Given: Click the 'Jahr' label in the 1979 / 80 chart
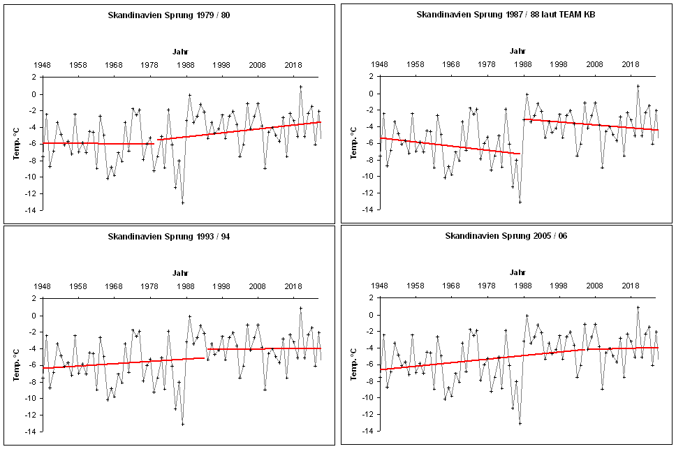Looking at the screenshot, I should (181, 52).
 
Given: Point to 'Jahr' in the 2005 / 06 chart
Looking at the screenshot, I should (517, 273).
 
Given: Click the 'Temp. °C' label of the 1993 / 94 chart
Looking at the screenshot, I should (15, 365).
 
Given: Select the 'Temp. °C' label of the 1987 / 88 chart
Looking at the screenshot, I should (353, 143).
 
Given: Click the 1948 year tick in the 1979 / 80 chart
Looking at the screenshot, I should (42, 65).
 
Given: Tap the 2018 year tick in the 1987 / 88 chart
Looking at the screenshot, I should (631, 64).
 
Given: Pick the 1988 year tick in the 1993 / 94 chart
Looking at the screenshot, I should (186, 286).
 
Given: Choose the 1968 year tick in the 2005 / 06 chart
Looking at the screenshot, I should (451, 286).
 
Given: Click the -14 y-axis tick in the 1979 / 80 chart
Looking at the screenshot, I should (31, 210).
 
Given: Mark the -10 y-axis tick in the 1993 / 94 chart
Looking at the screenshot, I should (31, 398).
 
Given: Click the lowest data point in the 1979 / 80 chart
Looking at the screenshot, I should (182, 203).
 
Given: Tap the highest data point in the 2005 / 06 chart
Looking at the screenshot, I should (638, 307).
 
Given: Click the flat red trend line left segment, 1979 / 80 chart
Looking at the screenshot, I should (98, 143).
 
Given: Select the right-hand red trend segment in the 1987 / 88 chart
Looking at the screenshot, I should (590, 124).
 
